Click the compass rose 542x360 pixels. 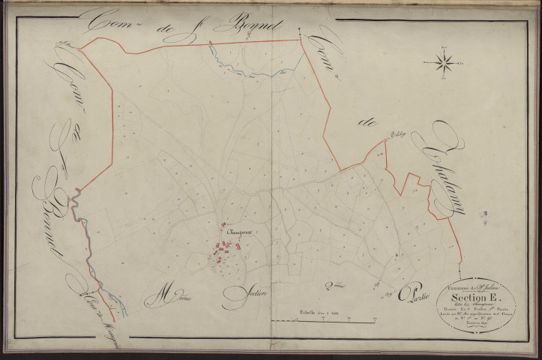[x=444, y=62]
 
